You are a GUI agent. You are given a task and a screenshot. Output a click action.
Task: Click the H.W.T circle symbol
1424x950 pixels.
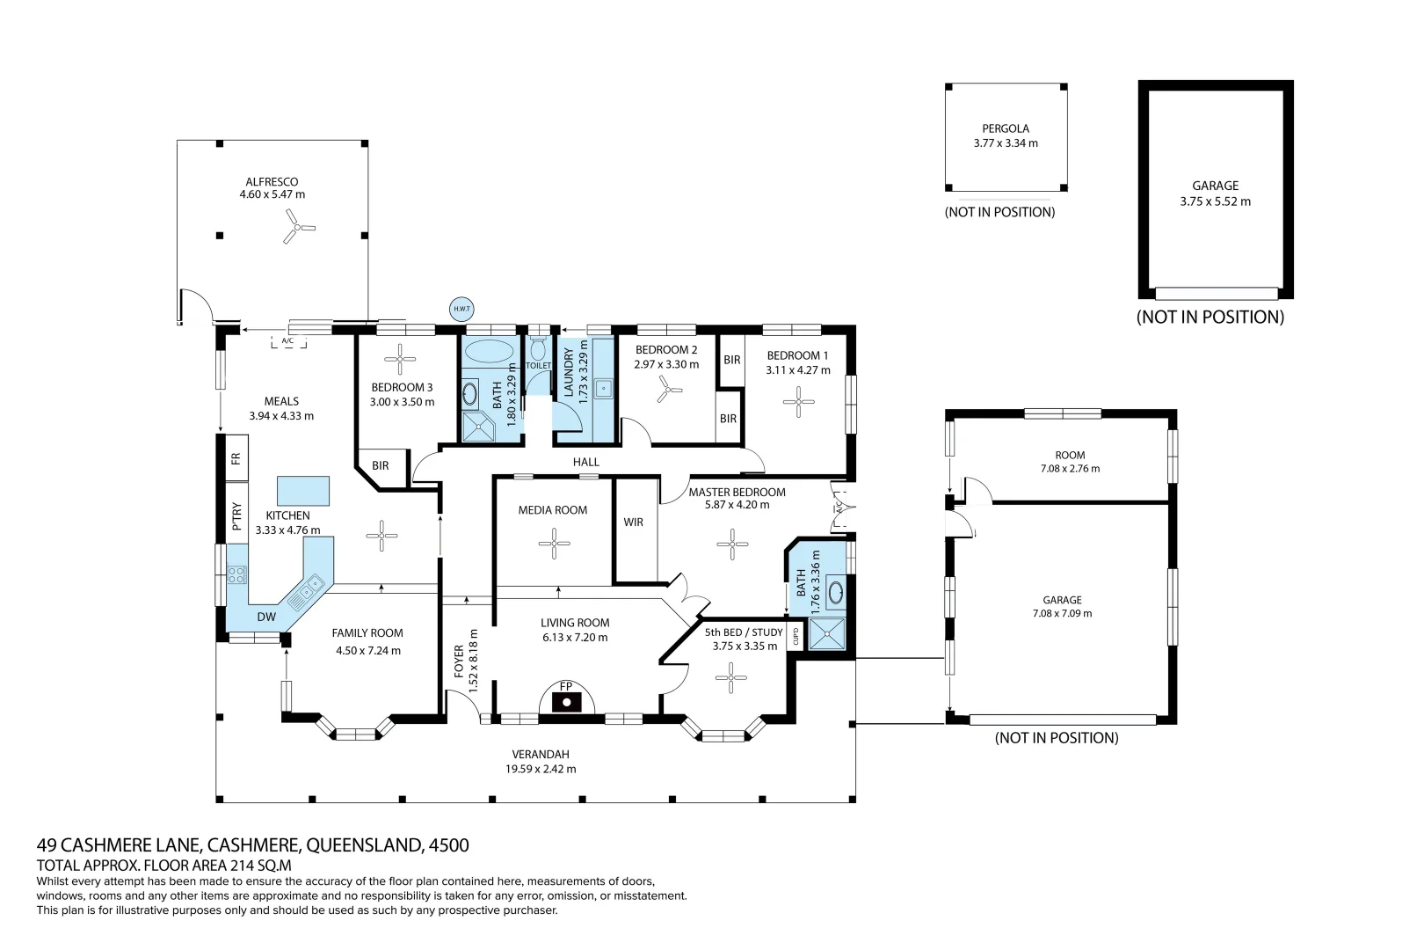click(x=461, y=309)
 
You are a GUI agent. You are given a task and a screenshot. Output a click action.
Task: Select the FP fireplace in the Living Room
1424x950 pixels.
click(x=567, y=700)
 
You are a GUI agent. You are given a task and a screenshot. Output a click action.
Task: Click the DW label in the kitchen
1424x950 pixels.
click(x=266, y=617)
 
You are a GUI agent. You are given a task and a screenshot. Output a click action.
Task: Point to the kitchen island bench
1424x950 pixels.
click(x=303, y=490)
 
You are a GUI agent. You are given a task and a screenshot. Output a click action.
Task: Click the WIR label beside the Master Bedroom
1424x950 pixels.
click(x=634, y=522)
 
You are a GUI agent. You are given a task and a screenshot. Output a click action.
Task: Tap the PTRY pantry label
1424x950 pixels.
click(x=236, y=517)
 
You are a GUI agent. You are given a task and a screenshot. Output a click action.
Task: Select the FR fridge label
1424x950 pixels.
click(x=236, y=458)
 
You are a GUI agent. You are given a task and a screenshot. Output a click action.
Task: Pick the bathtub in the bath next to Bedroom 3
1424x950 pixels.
click(x=490, y=351)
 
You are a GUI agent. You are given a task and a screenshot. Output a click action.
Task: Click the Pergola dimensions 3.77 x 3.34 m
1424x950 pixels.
click(x=1006, y=142)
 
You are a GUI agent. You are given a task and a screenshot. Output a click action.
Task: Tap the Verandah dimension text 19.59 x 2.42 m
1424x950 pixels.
click(x=541, y=769)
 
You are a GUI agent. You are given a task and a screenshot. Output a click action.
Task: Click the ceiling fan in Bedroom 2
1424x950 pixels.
click(x=669, y=391)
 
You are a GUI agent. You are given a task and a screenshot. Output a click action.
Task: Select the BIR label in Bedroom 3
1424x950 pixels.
click(x=380, y=465)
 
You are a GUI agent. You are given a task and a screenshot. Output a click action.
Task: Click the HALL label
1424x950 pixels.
click(x=586, y=462)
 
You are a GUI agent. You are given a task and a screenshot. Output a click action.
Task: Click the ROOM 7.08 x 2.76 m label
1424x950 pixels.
click(x=1070, y=462)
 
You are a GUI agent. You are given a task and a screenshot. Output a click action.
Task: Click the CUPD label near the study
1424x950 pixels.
click(x=796, y=637)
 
